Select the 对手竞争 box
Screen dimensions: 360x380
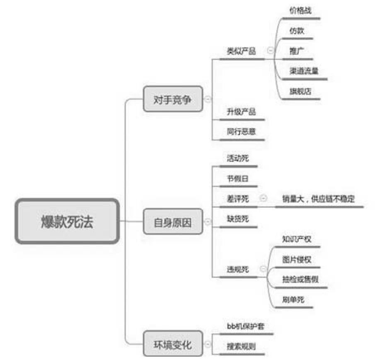pyautogui.click(x=173, y=99)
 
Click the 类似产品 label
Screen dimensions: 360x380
pyautogui.click(x=241, y=51)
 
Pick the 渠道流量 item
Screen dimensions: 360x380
pyautogui.click(x=304, y=71)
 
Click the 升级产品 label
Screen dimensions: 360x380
pyautogui.click(x=241, y=112)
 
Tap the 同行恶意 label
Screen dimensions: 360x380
pyautogui.click(x=241, y=132)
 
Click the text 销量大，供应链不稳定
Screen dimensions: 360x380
pyautogui.click(x=319, y=199)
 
